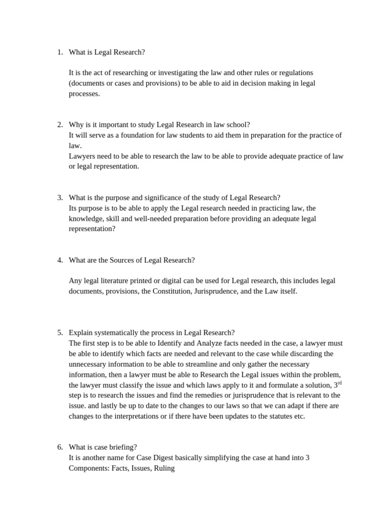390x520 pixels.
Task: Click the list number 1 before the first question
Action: [59, 52]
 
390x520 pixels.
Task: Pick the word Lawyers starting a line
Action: [82, 156]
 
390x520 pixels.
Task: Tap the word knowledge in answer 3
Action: [86, 218]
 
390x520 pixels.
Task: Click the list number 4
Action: [59, 260]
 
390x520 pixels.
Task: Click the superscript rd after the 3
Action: [339, 383]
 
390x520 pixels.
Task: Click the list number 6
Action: [59, 447]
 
